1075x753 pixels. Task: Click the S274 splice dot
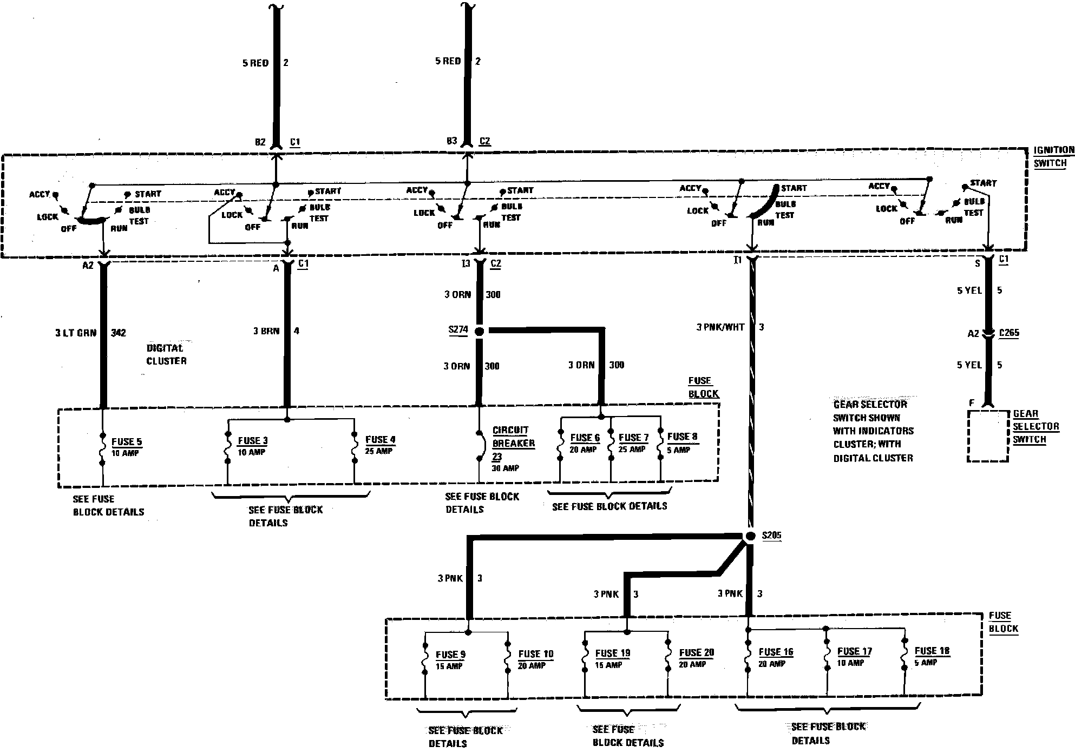pyautogui.click(x=478, y=331)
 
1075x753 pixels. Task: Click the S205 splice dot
pyautogui.click(x=750, y=536)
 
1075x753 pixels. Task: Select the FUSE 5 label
pyautogui.click(x=127, y=442)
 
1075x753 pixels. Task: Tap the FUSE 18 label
pyautogui.click(x=932, y=651)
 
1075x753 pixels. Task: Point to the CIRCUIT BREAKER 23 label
pyautogui.click(x=513, y=444)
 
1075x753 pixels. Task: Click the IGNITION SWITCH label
pyautogui.click(x=1053, y=156)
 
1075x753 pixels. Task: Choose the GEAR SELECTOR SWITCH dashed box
pyautogui.click(x=988, y=436)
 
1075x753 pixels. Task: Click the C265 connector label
pyautogui.click(x=1008, y=333)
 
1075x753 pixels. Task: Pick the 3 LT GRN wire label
pyautogui.click(x=75, y=333)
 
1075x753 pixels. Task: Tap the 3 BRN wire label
pyautogui.click(x=266, y=331)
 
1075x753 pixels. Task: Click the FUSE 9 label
pyautogui.click(x=450, y=655)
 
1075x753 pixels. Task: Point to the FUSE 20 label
pyautogui.click(x=696, y=653)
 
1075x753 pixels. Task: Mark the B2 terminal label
pyautogui.click(x=260, y=142)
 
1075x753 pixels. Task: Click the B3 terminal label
pyautogui.click(x=451, y=141)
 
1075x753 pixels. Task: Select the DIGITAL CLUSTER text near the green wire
pyautogui.click(x=166, y=354)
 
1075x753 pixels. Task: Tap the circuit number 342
pyautogui.click(x=118, y=333)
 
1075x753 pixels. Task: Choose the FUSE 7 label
pyautogui.click(x=633, y=438)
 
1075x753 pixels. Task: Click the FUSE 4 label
pyautogui.click(x=381, y=440)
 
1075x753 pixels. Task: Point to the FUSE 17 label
pyautogui.click(x=854, y=652)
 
